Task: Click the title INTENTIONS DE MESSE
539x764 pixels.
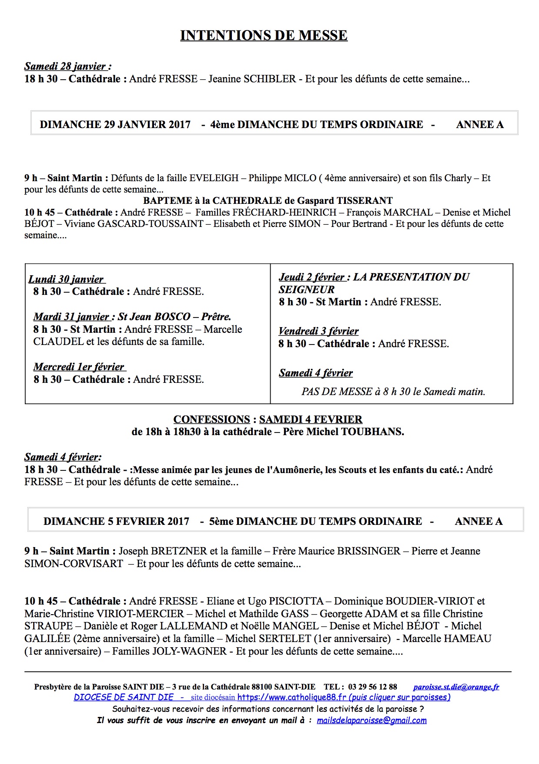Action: (264, 36)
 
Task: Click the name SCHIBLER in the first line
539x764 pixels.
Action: (270, 79)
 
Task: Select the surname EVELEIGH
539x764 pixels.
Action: (214, 178)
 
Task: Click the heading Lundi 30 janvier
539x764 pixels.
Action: (66, 279)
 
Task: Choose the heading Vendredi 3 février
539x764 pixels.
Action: (318, 331)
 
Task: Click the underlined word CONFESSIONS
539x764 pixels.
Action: (211, 419)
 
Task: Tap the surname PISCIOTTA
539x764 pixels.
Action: (296, 602)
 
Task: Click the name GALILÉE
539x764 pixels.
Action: (47, 639)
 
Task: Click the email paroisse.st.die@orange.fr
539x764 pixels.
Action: (456, 687)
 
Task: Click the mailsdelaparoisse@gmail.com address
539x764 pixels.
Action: (372, 720)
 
